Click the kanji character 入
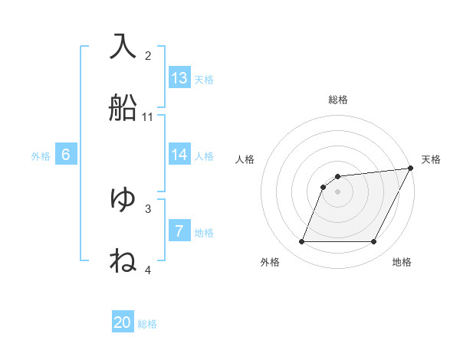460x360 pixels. click(123, 45)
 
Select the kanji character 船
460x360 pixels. click(123, 106)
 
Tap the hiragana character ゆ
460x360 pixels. click(123, 198)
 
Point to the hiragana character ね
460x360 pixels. click(123, 260)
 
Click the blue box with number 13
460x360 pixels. click(179, 78)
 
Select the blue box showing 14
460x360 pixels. click(179, 155)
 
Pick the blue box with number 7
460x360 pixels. click(179, 231)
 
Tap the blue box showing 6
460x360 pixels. click(66, 155)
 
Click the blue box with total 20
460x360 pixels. click(123, 322)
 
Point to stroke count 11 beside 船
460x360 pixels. click(148, 117)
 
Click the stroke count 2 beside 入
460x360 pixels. click(148, 56)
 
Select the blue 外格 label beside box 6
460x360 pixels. click(41, 156)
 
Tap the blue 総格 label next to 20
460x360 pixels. click(147, 324)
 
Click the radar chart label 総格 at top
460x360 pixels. click(338, 100)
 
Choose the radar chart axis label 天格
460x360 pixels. click(431, 159)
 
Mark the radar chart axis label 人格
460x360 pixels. click(245, 159)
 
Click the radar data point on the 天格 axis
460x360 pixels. click(411, 168)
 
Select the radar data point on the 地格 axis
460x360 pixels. click(374, 242)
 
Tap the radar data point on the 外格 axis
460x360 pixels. click(301, 242)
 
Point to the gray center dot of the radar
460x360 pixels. click(338, 191)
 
